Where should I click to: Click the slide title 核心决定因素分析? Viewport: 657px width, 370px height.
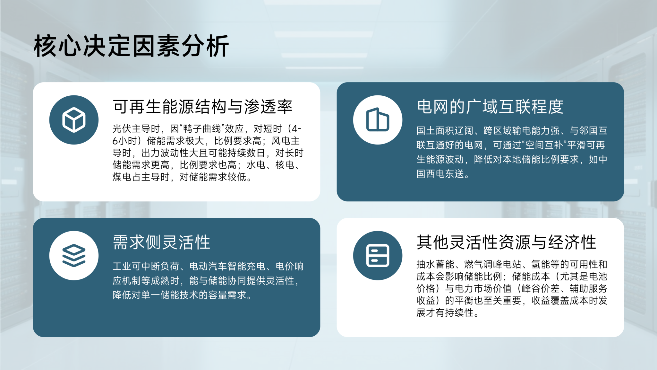coord(131,46)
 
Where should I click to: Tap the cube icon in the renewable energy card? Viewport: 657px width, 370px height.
coord(74,120)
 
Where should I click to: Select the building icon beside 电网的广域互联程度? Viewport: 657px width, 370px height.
coord(378,119)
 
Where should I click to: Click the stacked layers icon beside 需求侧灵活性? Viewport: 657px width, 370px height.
coord(74,256)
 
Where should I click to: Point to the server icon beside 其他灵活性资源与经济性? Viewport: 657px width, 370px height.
coord(378,256)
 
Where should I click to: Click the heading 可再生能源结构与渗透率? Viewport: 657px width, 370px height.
coord(202,107)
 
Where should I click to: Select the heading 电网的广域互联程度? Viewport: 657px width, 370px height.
coord(490,107)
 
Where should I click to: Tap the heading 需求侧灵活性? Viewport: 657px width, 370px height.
coord(161,242)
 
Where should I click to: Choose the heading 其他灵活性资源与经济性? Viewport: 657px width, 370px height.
coord(506,242)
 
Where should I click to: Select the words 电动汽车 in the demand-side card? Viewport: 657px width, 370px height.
coord(208,266)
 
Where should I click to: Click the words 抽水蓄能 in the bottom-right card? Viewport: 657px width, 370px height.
coord(435,264)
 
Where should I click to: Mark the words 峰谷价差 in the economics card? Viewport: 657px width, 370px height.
coord(541,288)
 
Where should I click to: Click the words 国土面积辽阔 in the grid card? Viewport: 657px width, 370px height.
coord(445,131)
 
